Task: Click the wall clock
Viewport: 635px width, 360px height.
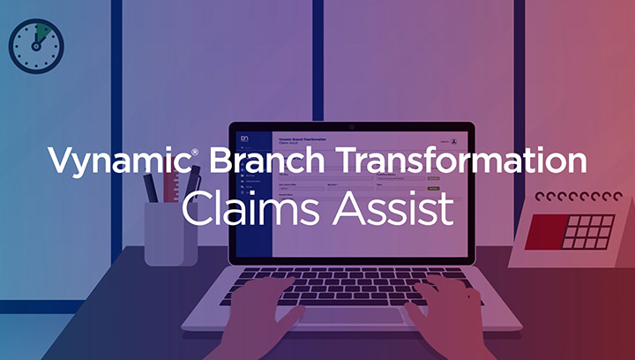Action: (x=35, y=44)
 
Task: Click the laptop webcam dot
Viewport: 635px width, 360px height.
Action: (x=351, y=127)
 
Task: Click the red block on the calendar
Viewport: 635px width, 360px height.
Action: (x=542, y=232)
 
